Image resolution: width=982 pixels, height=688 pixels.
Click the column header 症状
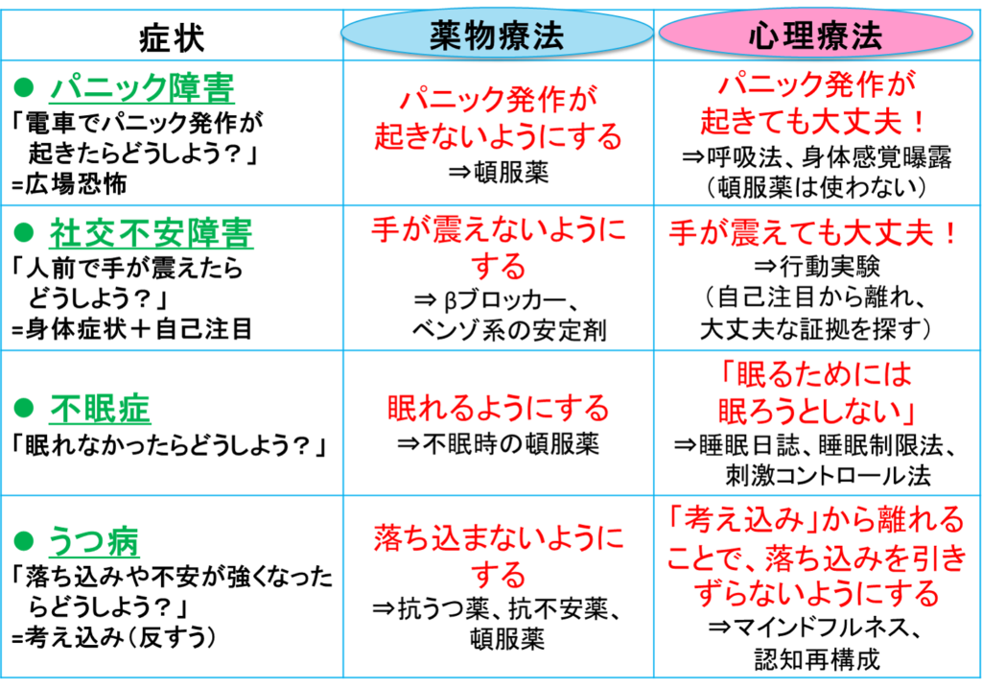coord(172,37)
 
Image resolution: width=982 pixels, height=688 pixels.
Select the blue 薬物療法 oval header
coord(498,35)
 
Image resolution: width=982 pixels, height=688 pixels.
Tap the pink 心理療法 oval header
coord(815,35)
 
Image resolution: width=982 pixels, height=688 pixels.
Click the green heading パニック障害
coord(142,87)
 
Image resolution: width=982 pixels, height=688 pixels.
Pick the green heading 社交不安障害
coord(152,233)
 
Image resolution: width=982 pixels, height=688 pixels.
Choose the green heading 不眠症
coord(100,409)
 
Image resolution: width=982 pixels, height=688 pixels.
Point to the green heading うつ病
coord(94,541)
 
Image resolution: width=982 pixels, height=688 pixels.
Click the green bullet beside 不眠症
coord(24,409)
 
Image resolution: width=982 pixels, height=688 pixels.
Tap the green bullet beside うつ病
coord(24,541)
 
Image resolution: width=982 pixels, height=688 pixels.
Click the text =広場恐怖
coord(69,184)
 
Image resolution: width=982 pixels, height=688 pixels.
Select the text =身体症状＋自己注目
coord(132,328)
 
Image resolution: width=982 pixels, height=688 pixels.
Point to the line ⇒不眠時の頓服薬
coord(499,443)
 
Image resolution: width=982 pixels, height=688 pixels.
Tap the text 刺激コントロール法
coord(828,476)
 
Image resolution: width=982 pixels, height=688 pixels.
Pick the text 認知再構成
coord(817,658)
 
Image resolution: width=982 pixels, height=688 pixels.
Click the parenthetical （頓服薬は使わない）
coord(816,187)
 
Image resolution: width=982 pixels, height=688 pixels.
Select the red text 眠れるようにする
coord(498,408)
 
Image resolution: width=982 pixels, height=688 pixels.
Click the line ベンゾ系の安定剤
coord(508,329)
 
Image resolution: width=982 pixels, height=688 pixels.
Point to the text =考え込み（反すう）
coord(114,637)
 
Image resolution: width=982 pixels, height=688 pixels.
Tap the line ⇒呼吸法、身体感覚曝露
coord(817,156)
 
